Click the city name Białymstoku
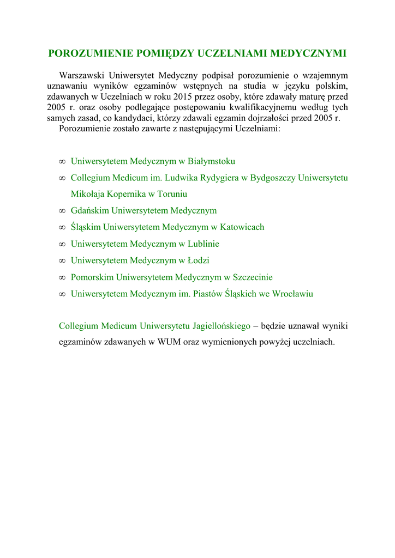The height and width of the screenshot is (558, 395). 211,161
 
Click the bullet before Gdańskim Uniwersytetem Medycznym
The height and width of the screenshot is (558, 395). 62,211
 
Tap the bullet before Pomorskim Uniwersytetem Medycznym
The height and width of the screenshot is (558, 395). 62,277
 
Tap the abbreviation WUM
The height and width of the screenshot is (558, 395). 168,342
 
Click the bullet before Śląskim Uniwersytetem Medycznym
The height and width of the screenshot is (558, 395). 62,227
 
